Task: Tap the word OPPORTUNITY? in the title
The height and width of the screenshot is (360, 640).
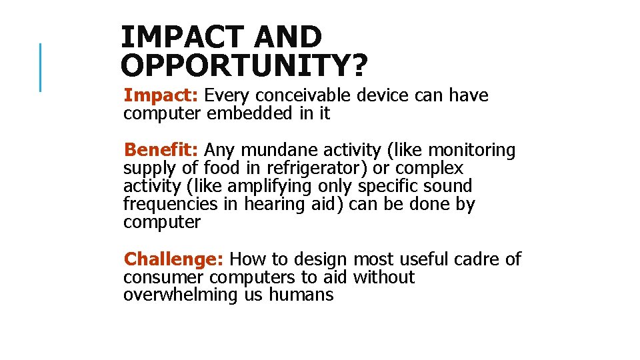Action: [x=244, y=65]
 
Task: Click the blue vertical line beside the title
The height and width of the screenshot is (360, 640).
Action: [x=41, y=67]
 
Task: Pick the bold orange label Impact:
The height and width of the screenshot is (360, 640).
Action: [x=161, y=96]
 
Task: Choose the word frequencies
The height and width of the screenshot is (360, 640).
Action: [x=171, y=205]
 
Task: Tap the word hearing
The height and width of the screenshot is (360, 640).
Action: [x=274, y=205]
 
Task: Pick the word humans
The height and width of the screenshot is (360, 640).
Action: [x=301, y=295]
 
